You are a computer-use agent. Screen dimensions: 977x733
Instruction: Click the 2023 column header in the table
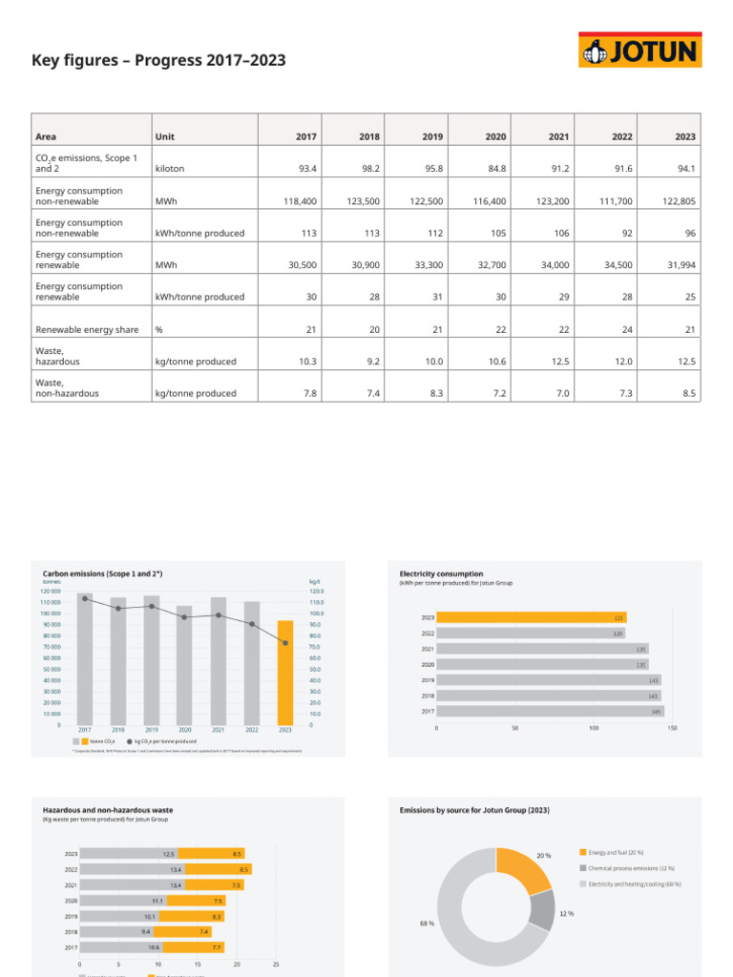coord(684,136)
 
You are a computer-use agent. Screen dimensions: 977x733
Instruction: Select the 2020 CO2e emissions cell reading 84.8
coord(494,168)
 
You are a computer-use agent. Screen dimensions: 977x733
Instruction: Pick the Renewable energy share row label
coord(77,329)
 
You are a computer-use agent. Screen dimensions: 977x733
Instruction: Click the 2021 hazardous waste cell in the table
coord(558,361)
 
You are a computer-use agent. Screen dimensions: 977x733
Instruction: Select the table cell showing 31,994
coord(680,265)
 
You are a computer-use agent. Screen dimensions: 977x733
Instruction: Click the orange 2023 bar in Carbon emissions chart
coord(284,672)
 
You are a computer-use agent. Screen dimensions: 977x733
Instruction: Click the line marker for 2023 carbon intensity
coord(284,643)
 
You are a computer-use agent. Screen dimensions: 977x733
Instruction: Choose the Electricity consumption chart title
coord(441,574)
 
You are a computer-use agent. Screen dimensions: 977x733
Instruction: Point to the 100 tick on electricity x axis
coord(594,728)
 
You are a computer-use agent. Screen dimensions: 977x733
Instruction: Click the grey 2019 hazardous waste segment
coord(125,916)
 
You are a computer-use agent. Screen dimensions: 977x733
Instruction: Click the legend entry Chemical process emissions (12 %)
coord(630,868)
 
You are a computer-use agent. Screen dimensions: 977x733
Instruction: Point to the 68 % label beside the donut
coord(427,924)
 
